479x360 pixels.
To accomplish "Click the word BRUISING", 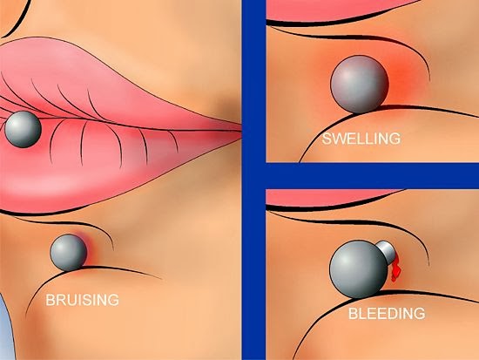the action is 82,300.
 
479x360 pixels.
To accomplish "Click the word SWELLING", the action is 361,139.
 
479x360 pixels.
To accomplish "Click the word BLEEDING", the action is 387,313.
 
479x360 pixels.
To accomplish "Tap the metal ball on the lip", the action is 23,129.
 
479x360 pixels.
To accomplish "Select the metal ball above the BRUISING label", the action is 69,253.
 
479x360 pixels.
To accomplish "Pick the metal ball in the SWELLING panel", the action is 359,84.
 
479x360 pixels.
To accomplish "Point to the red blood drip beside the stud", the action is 395,268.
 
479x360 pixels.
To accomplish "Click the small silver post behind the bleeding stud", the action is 386,252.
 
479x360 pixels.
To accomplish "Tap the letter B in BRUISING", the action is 50,300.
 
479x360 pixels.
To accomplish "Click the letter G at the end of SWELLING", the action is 395,139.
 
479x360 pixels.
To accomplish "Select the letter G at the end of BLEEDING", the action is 419,313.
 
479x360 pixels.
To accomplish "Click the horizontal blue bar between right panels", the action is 373,176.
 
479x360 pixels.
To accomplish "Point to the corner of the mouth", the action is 239,130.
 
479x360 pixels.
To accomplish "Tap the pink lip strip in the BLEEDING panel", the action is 330,197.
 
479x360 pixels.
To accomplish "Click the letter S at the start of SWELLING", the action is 327,139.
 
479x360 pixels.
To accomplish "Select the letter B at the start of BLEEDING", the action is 353,313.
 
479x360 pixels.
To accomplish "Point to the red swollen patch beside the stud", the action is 401,77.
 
